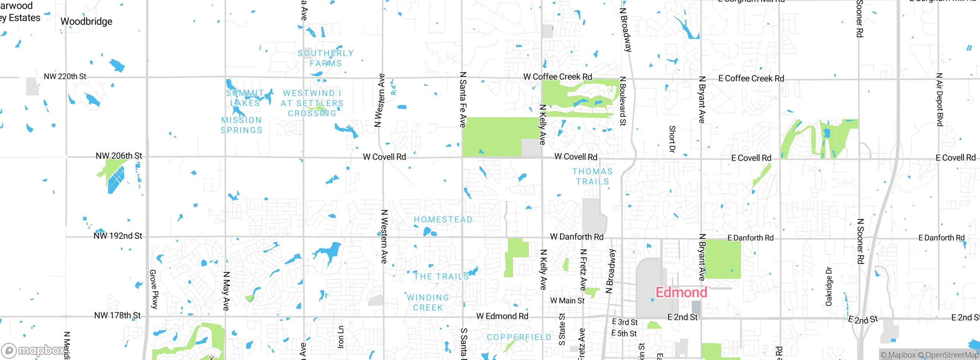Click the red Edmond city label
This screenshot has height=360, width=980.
click(x=681, y=293)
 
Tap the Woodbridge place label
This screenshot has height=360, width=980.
click(x=87, y=21)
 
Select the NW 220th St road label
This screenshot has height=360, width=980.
click(x=65, y=77)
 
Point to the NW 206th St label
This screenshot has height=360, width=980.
click(x=119, y=156)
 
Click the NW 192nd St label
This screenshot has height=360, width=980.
click(x=118, y=236)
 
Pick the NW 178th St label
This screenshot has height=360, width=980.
click(x=118, y=316)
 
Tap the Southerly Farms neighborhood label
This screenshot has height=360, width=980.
click(x=325, y=58)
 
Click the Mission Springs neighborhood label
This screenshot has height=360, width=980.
click(x=242, y=125)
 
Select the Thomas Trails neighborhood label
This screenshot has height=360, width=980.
click(x=593, y=177)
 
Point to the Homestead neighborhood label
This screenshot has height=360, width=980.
click(x=443, y=219)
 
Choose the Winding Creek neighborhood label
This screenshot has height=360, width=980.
click(x=428, y=303)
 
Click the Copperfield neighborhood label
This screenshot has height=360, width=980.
click(x=519, y=337)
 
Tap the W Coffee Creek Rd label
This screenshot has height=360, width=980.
click(x=558, y=77)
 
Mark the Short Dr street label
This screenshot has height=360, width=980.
click(x=672, y=139)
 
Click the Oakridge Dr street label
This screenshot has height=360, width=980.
click(x=829, y=286)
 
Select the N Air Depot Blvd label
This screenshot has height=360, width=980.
click(x=939, y=100)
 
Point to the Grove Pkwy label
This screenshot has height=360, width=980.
click(x=154, y=289)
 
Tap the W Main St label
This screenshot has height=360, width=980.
click(x=567, y=301)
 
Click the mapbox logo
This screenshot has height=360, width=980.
click(x=34, y=350)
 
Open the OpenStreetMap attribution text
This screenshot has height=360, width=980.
click(x=951, y=355)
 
